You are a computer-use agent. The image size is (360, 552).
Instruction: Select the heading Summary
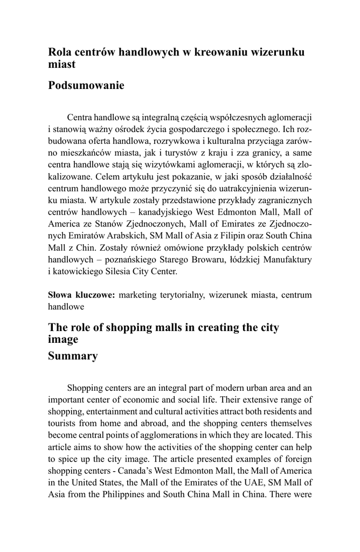pyautogui.click(x=73, y=356)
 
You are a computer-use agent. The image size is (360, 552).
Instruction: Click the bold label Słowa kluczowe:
pyautogui.click(x=81, y=295)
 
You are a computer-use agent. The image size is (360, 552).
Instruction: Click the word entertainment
pyautogui.click(x=112, y=412)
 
